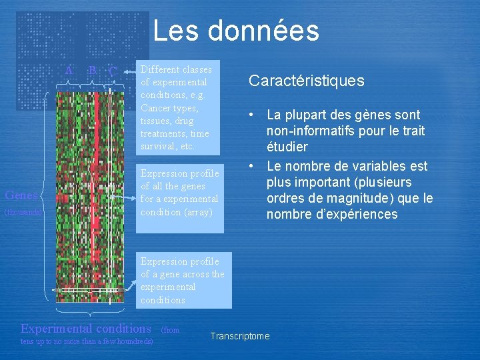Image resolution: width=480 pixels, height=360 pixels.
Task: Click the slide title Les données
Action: point(236,31)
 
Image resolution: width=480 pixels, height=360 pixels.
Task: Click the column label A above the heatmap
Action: point(68,70)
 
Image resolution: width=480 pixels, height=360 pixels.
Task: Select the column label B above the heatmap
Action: point(92,70)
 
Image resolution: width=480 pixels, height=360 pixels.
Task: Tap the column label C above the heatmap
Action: point(113,71)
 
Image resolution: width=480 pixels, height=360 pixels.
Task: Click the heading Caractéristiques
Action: point(306,81)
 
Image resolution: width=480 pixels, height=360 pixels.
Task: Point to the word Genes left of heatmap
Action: point(21,195)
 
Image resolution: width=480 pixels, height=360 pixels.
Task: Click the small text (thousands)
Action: point(23,212)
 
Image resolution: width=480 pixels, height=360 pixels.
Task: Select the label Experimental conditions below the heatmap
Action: point(86,328)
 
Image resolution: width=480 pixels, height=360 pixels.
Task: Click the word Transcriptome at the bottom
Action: point(240,336)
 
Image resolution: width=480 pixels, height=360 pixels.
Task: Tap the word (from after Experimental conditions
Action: point(171,330)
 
